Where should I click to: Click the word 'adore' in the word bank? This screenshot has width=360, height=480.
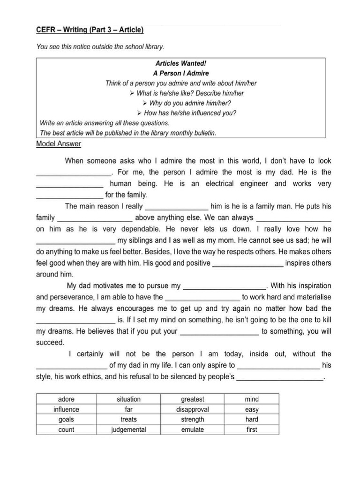tap(66, 399)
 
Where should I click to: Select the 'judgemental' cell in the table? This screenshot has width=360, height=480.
tap(128, 429)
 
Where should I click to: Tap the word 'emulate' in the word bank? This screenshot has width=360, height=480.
tap(192, 429)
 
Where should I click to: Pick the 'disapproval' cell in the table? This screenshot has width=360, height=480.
tap(192, 409)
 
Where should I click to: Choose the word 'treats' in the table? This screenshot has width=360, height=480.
tap(128, 420)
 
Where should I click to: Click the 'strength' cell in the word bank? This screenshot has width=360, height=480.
tap(192, 420)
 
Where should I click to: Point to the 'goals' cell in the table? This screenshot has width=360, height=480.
tap(66, 420)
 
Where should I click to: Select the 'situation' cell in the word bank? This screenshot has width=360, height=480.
tap(128, 399)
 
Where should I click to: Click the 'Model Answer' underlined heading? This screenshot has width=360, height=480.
tap(59, 144)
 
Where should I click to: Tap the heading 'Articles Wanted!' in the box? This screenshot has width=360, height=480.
tap(180, 63)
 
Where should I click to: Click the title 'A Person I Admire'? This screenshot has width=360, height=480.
tap(180, 73)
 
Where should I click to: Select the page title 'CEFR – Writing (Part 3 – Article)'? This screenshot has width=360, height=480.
tap(90, 30)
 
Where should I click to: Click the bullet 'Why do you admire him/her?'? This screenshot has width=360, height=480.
tap(187, 103)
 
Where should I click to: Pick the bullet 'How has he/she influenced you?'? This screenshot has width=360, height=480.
tap(187, 113)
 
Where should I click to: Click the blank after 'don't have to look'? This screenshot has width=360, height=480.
tap(75, 173)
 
